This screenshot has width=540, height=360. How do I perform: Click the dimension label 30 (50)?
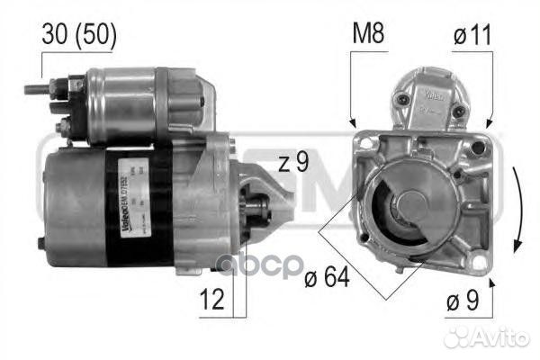click(x=79, y=35)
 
